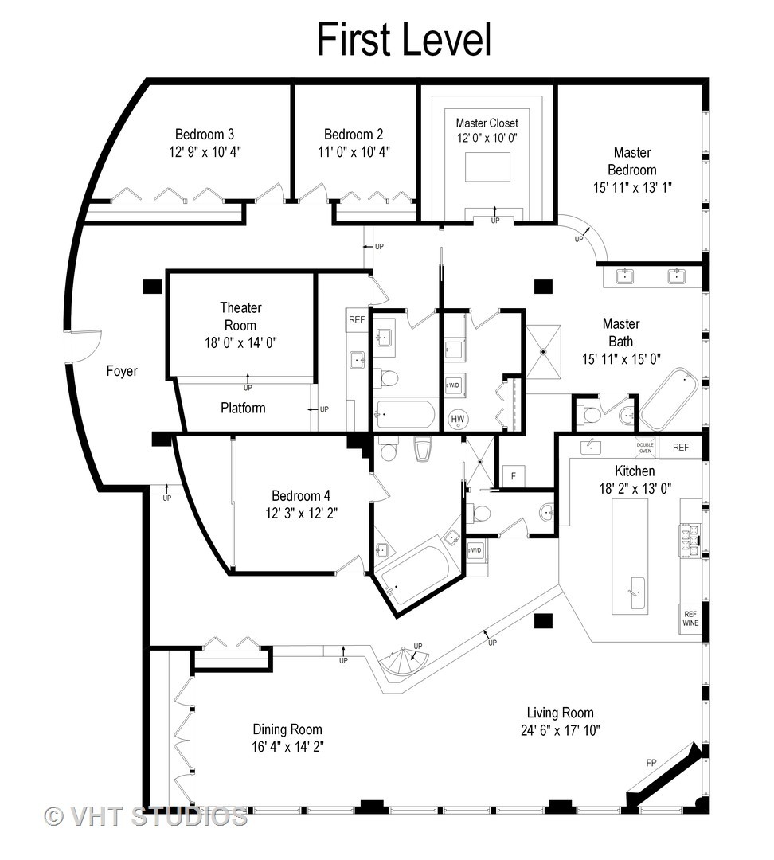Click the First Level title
[404, 39]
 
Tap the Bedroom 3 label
[205, 135]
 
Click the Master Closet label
[487, 123]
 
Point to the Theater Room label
[240, 316]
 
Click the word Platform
[243, 408]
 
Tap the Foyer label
[122, 371]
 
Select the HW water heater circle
[458, 419]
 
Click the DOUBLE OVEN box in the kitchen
[645, 448]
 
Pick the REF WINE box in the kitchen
[690, 619]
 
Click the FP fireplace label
[651, 763]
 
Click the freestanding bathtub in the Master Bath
[669, 399]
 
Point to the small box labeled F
[513, 476]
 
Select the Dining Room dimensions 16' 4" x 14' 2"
[287, 746]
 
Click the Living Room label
[560, 713]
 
